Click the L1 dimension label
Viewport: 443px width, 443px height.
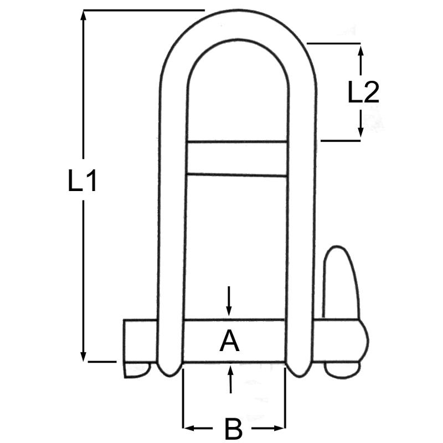83,182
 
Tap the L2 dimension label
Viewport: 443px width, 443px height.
363,92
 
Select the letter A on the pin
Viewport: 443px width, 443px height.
229,341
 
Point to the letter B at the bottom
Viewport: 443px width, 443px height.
234,429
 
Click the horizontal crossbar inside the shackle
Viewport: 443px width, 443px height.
237,158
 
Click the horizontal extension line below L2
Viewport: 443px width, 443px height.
341,141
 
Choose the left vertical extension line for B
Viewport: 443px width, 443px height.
183,399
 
